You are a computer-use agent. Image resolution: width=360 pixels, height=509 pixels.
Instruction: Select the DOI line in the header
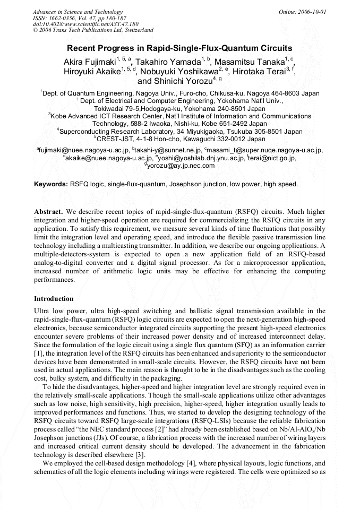click(x=85, y=24)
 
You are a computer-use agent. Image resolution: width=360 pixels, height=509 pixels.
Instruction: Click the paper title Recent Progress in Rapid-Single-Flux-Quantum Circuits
click(x=179, y=48)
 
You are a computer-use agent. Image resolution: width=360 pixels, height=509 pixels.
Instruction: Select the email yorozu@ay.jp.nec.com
click(x=181, y=166)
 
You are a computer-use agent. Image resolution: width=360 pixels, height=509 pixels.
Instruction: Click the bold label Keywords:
click(x=51, y=184)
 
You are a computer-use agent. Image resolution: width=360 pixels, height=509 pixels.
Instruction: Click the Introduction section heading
click(x=54, y=299)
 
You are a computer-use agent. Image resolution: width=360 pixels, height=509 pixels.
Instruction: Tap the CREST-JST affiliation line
click(x=180, y=139)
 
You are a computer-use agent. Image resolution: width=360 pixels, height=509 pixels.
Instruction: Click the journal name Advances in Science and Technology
click(x=78, y=12)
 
